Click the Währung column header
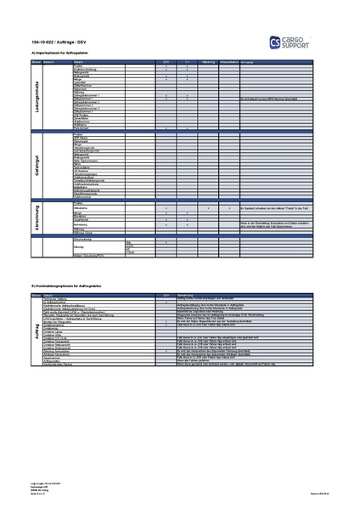(x=208, y=63)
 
